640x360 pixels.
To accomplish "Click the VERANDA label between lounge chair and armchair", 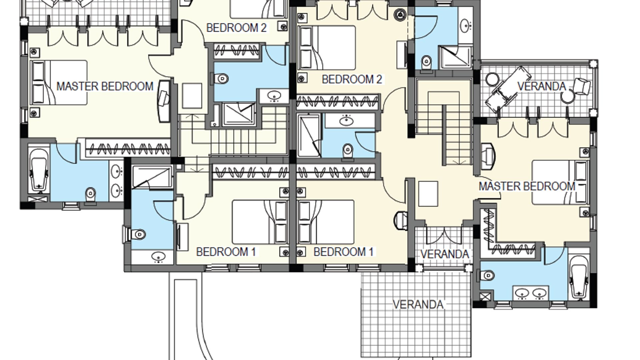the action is click(x=542, y=86).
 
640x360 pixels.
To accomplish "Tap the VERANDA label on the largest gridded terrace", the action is click(x=418, y=304).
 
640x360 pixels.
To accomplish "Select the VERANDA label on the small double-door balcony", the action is click(x=445, y=254).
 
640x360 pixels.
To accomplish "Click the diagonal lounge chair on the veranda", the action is click(x=507, y=86).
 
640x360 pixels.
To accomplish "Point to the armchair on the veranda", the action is click(x=583, y=86).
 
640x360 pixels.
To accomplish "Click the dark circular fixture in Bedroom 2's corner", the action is click(x=399, y=14).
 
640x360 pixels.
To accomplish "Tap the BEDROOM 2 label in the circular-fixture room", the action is click(x=352, y=79).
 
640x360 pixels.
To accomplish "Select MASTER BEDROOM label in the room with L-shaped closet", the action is click(x=527, y=186).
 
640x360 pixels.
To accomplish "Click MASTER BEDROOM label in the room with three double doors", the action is click(x=105, y=86).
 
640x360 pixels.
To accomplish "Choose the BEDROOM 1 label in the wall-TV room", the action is click(x=226, y=252).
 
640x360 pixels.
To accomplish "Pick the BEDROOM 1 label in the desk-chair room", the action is click(x=343, y=252).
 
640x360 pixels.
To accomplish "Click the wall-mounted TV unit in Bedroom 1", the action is click(x=182, y=237).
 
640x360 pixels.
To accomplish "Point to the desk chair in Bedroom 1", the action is click(x=401, y=220).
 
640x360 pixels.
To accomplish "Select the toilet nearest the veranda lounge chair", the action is click(x=426, y=62).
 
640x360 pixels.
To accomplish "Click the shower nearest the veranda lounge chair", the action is click(x=456, y=58).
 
